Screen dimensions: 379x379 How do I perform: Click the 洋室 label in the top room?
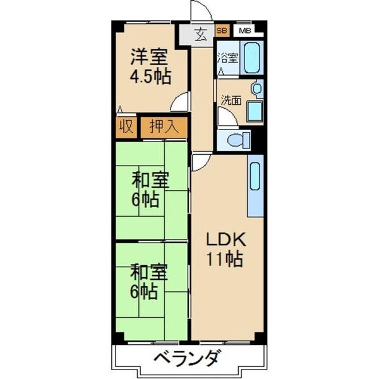pos(150,57)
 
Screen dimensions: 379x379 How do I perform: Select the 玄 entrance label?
pos(200,35)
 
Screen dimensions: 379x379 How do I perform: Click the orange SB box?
pos(222,30)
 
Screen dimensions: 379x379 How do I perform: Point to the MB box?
pos(244,30)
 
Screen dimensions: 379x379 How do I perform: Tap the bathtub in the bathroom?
pos(252,58)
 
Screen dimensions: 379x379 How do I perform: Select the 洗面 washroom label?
pos(230,100)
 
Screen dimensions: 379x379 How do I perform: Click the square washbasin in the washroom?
pos(255,111)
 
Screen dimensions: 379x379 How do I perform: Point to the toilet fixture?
pos(235,140)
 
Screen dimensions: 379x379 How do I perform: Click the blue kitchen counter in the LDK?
pos(255,187)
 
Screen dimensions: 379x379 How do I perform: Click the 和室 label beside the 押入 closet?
pos(150,180)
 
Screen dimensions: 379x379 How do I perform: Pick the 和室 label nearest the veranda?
pos(149,273)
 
